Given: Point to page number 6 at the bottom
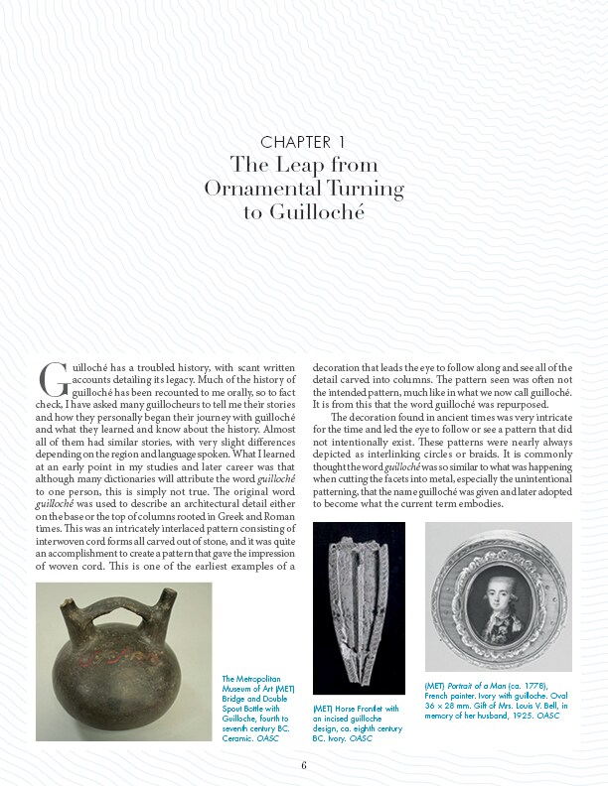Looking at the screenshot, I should [304, 764].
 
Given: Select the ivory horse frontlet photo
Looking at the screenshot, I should [359, 605].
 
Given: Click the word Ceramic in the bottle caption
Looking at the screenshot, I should [239, 738].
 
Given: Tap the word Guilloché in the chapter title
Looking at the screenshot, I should [303, 211].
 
